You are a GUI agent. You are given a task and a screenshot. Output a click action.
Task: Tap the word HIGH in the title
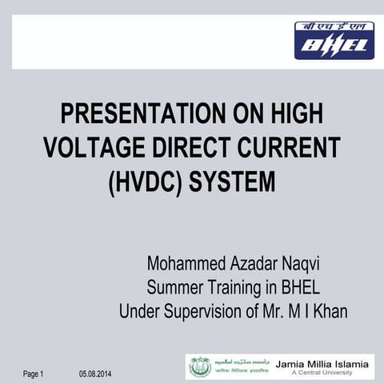point(294,114)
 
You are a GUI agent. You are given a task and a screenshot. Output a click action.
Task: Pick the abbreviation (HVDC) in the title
point(145,182)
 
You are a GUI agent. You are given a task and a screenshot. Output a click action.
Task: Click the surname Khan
point(330,311)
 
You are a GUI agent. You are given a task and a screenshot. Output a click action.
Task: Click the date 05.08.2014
point(96,374)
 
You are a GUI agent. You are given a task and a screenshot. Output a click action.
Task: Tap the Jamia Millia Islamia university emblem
point(201,366)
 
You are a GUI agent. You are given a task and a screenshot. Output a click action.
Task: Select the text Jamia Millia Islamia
point(322,364)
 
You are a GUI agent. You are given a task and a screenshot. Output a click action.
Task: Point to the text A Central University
point(322,374)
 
